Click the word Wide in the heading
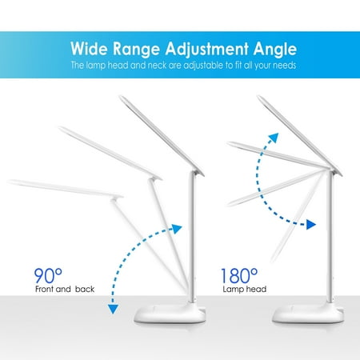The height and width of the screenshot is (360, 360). [x=89, y=48]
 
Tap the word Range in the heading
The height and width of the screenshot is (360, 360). [x=136, y=50]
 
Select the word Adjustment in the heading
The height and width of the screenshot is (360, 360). [x=206, y=50]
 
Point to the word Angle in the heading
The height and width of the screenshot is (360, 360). [x=275, y=50]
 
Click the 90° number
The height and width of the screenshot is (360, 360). [x=48, y=276]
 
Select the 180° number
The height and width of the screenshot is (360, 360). [x=239, y=276]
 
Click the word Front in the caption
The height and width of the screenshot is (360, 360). [x=45, y=289]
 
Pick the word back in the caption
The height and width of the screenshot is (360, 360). [x=85, y=289]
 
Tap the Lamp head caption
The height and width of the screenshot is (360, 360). [x=245, y=289]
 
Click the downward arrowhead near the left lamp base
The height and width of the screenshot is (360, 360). [x=113, y=310]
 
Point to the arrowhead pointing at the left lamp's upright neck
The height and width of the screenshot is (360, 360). [x=177, y=229]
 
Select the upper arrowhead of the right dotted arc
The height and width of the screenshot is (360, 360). [x=274, y=138]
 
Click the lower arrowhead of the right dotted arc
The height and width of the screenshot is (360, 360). [x=311, y=225]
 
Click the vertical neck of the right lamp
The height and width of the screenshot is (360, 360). [x=330, y=238]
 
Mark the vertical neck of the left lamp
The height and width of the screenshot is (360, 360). [x=193, y=238]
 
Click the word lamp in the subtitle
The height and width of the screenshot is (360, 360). [x=96, y=66]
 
